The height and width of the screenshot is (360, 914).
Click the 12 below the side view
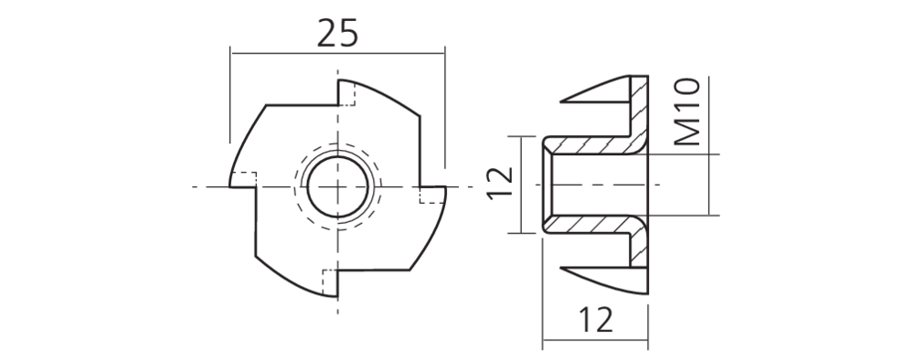[x=595, y=321]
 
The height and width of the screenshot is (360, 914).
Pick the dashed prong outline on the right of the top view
[x=426, y=195]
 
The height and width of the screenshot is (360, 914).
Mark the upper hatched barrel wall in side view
[x=590, y=145]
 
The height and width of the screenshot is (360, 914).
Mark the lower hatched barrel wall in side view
[x=590, y=223]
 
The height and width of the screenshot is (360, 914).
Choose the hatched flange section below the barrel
[x=640, y=258]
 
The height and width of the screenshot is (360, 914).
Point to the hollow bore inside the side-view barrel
[x=594, y=185]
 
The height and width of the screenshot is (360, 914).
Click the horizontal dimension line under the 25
[x=338, y=53]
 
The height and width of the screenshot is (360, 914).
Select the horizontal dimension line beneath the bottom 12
[x=595, y=344]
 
